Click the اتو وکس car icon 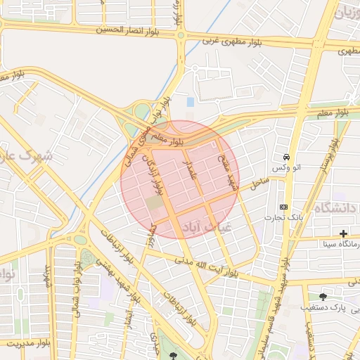point(286,156)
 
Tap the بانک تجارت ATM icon point(283,207)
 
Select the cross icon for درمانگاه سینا point(343,233)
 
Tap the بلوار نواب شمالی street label point(75,288)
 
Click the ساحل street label point(259,184)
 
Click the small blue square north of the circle point(191,103)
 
